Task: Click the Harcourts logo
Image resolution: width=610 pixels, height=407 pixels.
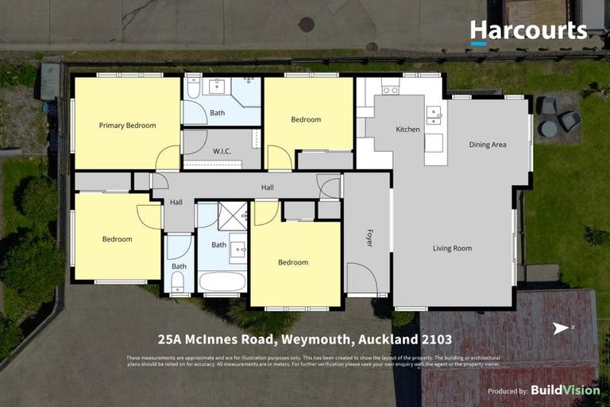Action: pos(528,32)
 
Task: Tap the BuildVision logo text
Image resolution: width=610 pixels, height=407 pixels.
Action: pos(565,390)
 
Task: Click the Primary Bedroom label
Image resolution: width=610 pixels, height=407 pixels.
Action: pos(127,126)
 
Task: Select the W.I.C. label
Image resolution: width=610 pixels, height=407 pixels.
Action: pos(222,152)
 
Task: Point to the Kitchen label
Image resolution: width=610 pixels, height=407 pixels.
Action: pos(407,129)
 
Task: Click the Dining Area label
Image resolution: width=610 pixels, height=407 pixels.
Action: pos(487,145)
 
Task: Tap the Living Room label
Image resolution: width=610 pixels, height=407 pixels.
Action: pos(452,248)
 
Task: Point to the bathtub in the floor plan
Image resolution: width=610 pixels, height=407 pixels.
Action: pos(222,281)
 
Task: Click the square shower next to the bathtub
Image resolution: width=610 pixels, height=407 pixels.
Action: pos(233,215)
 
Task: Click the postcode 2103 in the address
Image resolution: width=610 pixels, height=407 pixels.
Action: pos(436,339)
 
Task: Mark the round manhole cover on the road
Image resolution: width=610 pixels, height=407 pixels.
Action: pos(307,25)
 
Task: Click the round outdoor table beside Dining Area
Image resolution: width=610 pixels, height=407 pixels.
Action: pos(548,128)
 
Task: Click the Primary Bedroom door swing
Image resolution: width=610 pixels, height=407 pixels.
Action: pos(168,158)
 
